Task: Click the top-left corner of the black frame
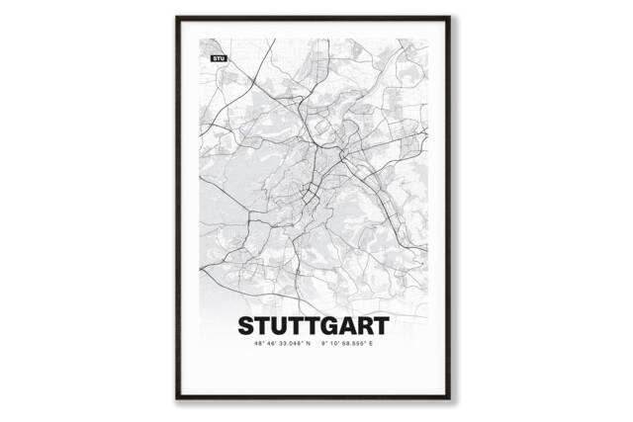pos(177,17)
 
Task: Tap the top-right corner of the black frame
pos(455,17)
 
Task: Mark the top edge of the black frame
pos(316,17)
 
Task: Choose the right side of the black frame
pos(455,208)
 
